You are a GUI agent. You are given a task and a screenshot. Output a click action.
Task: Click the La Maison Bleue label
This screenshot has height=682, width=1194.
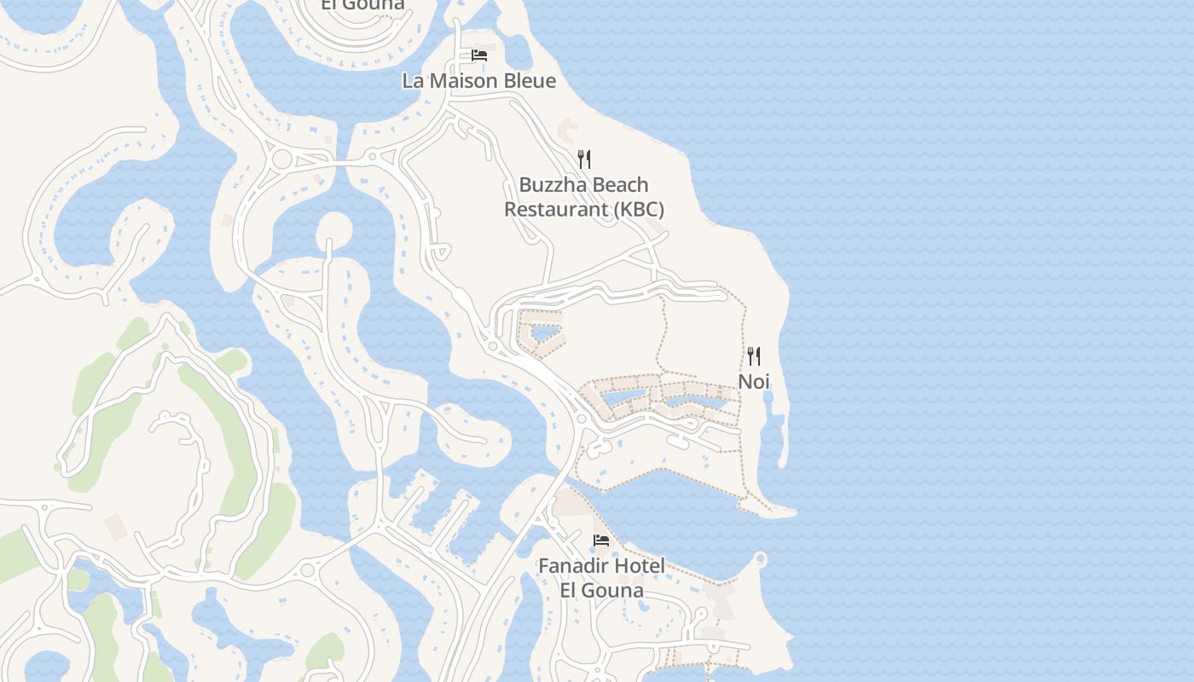pyautogui.click(x=478, y=81)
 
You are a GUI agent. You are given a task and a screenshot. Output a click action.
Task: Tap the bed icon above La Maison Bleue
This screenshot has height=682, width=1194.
pyautogui.click(x=479, y=55)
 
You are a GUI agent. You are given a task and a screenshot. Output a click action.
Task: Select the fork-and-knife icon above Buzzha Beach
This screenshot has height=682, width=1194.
pyautogui.click(x=584, y=159)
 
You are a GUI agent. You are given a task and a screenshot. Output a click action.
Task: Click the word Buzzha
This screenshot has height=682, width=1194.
pyautogui.click(x=552, y=185)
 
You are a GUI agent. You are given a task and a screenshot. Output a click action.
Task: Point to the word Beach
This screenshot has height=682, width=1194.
pyautogui.click(x=620, y=185)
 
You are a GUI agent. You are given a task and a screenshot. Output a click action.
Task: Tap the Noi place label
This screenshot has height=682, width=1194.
pyautogui.click(x=753, y=381)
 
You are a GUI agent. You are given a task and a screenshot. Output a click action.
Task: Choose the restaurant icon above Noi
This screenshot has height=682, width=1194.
pyautogui.click(x=753, y=355)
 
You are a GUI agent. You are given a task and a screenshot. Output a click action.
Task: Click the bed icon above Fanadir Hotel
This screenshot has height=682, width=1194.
pyautogui.click(x=601, y=540)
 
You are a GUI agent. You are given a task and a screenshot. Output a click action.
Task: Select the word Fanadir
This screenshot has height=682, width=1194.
pyautogui.click(x=574, y=565)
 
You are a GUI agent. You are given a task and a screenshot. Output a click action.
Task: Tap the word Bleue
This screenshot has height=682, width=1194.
pyautogui.click(x=532, y=81)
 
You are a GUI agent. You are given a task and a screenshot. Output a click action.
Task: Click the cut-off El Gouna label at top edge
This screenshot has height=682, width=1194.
pyautogui.click(x=362, y=5)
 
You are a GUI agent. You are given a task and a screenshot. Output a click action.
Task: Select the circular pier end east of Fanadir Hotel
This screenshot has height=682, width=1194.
pyautogui.click(x=760, y=559)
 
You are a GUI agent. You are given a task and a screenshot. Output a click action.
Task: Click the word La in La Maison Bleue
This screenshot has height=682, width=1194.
pyautogui.click(x=413, y=81)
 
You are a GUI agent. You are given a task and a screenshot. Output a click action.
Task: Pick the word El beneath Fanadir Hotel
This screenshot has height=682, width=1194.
pyautogui.click(x=570, y=589)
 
